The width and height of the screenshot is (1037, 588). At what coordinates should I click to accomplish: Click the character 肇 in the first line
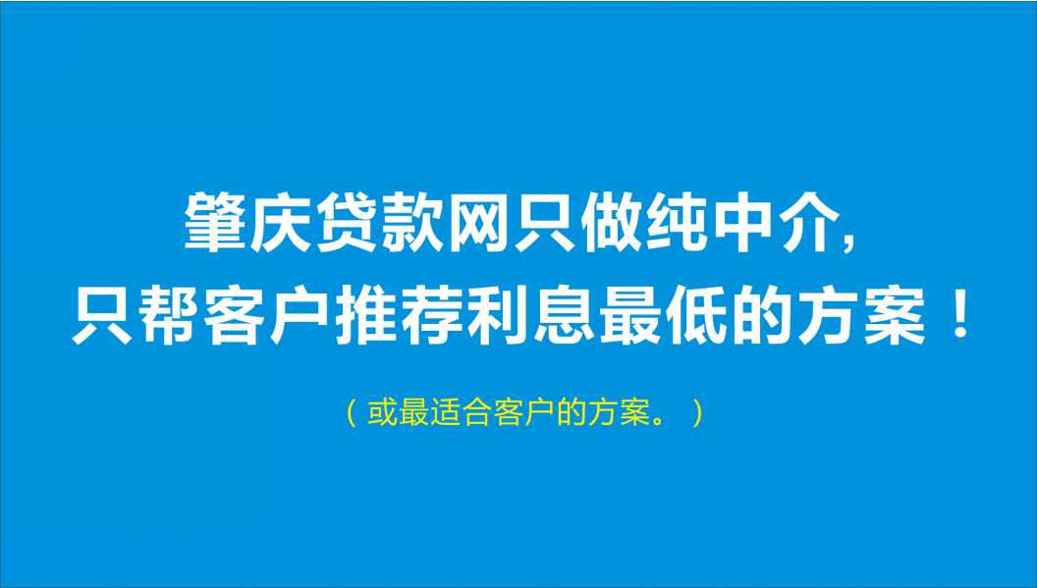tap(214, 223)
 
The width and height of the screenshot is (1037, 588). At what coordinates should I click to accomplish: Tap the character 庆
tap(280, 223)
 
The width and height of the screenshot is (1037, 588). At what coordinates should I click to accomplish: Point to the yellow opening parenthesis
tap(353, 413)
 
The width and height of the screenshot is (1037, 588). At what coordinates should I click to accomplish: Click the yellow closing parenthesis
tap(697, 413)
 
